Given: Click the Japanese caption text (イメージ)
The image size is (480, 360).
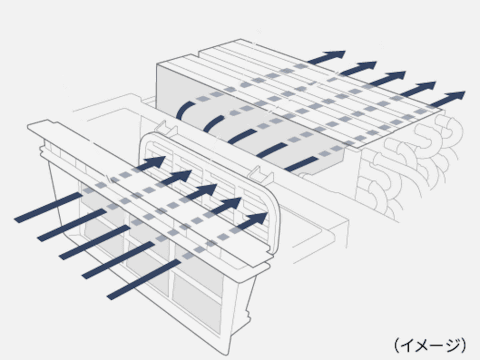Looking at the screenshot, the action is pos(430,345).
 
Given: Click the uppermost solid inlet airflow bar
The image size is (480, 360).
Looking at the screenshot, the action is pos(48,207).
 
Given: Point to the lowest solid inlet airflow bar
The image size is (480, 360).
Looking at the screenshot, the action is pos(144,279).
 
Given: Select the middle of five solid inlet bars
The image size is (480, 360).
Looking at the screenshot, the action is pos(95,242).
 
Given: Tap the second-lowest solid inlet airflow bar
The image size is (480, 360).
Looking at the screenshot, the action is pos(118,260).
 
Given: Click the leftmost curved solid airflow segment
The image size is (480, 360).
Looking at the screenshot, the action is pos(183,109).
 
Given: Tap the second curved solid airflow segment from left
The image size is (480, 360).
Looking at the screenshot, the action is pos(212,123).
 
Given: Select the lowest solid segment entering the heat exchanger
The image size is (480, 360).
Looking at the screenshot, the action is pos(301,164).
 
